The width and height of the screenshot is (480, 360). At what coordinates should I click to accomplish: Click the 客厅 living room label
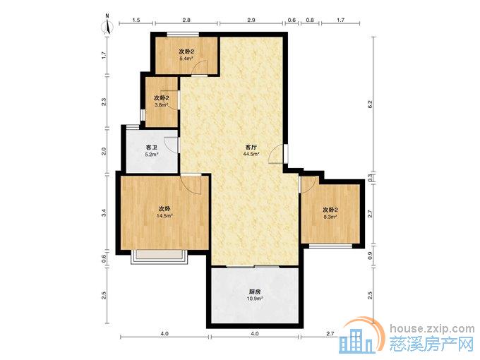[251, 148]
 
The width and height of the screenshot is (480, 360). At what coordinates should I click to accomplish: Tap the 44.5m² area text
[251, 154]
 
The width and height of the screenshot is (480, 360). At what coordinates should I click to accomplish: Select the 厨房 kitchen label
[255, 292]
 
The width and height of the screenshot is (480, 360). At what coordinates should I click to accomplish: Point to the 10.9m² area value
[255, 298]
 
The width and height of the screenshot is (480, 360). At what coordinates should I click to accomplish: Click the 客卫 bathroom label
[152, 148]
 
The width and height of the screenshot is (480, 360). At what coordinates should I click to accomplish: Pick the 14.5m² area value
[164, 215]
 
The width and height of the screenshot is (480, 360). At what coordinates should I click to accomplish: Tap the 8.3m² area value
[330, 217]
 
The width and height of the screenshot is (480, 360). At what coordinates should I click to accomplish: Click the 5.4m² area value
[186, 58]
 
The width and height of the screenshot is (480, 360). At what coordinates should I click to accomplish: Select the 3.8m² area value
[161, 105]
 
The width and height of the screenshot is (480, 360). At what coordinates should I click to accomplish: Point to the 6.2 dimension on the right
[370, 104]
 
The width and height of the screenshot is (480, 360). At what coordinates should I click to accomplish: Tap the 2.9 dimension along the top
[251, 20]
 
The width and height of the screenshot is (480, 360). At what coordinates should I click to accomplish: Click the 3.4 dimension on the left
[104, 212]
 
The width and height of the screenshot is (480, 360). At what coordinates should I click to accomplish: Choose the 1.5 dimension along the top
[136, 20]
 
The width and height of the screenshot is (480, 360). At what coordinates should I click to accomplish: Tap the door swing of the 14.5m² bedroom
[192, 184]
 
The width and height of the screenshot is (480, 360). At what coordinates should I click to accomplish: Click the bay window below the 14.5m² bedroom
[159, 257]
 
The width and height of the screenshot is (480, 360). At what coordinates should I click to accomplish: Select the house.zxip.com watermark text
[432, 329]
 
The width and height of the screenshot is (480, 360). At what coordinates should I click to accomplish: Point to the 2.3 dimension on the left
[104, 102]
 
